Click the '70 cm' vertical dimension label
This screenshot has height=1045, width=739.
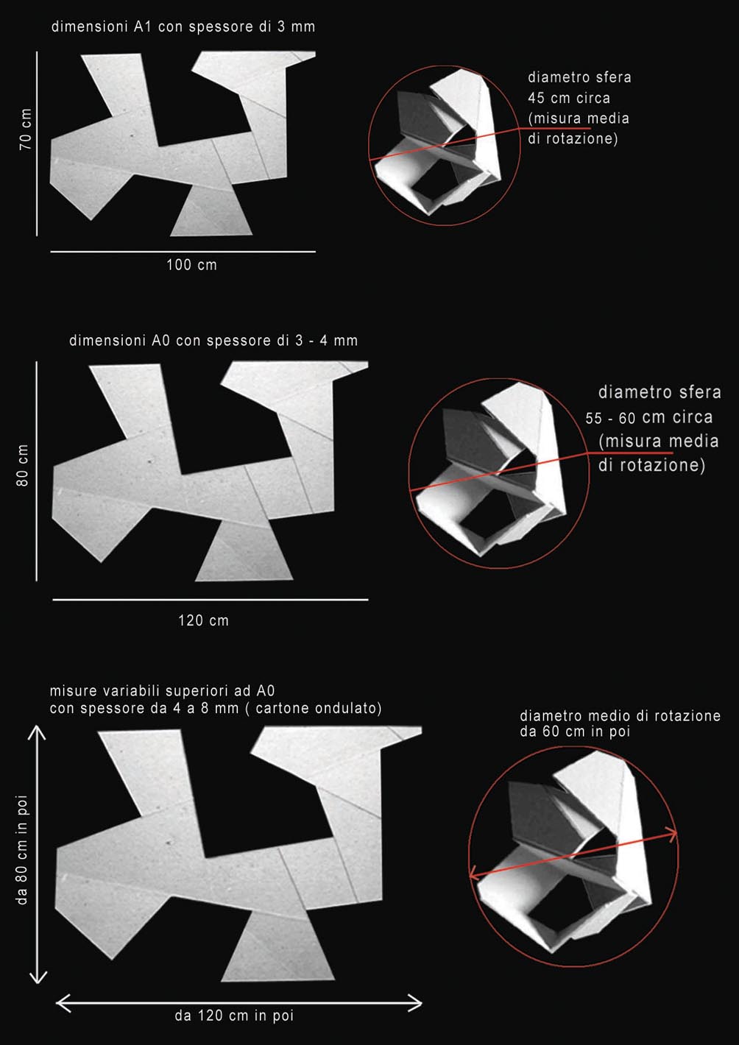26,130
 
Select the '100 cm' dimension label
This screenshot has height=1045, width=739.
192,265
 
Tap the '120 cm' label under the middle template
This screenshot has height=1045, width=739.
203,620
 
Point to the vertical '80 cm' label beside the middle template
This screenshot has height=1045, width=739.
22,465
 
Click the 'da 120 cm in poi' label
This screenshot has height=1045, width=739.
234,1016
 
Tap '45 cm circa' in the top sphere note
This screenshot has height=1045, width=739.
569,98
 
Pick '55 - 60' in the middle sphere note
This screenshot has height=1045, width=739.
610,418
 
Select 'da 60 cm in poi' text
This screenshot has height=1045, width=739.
575,731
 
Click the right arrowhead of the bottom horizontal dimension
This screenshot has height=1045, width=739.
417,1002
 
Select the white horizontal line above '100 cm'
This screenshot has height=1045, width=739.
183,252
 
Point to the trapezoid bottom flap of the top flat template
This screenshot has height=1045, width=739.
211,211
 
